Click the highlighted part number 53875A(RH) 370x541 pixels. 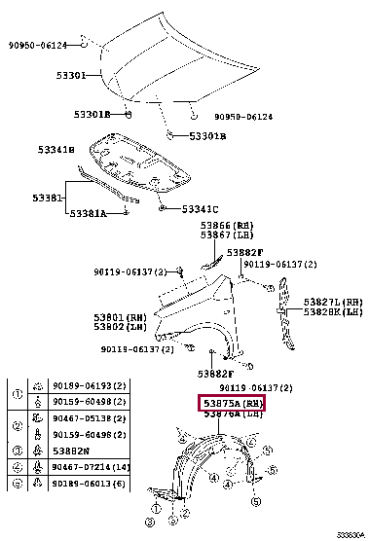click(x=233, y=403)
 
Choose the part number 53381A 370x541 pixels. click(x=87, y=213)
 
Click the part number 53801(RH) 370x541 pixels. click(x=122, y=316)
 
